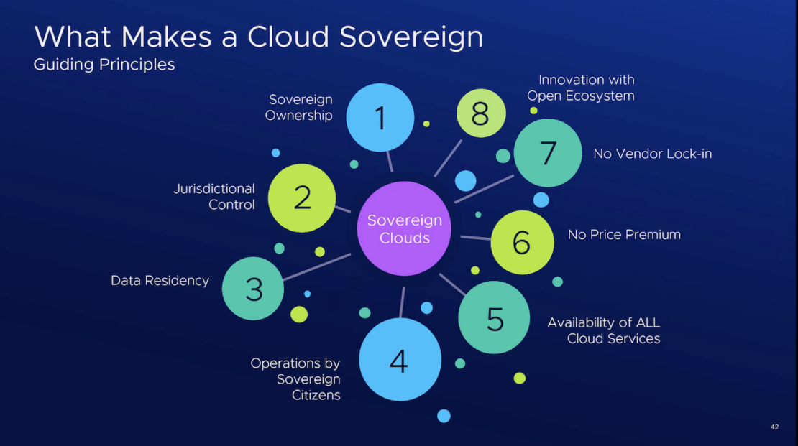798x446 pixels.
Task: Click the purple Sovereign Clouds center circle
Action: point(404,228)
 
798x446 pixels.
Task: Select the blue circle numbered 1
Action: point(380,118)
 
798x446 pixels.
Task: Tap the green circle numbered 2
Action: point(302,198)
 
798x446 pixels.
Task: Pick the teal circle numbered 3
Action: point(253,288)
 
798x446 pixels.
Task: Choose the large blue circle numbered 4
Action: point(400,360)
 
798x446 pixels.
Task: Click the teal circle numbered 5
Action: point(495,317)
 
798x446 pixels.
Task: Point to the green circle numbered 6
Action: point(522,243)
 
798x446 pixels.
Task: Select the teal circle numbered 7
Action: point(548,153)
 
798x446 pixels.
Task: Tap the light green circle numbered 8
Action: point(481,113)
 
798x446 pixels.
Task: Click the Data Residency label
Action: point(160,281)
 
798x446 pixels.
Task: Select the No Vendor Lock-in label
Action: point(652,154)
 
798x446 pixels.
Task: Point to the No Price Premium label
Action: point(624,235)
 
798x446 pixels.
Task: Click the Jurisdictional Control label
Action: point(214,197)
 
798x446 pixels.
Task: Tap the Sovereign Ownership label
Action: point(300,108)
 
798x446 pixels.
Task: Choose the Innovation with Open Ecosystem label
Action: point(582,88)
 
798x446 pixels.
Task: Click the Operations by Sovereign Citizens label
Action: point(295,379)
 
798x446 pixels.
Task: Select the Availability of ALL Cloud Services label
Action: point(604,330)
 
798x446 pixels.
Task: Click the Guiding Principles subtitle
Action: point(104,65)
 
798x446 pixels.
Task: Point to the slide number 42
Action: point(774,427)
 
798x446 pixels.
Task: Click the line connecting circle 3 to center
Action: point(316,266)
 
